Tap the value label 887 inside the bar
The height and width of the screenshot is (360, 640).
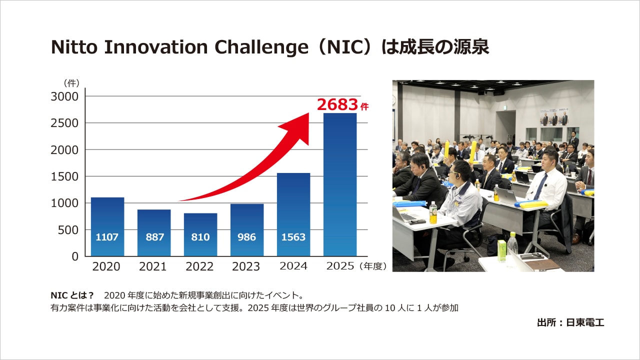[x=154, y=237]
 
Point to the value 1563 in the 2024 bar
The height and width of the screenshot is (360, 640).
[x=293, y=237]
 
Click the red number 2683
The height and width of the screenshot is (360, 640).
[x=337, y=104]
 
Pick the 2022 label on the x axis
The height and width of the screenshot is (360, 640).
[x=199, y=266]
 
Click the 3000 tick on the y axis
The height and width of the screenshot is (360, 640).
[x=64, y=96]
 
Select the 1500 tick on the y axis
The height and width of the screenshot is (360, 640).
[x=64, y=176]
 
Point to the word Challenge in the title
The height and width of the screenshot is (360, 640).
[x=258, y=47]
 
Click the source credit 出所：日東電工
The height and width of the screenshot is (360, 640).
[x=570, y=322]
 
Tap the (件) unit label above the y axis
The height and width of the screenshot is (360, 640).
[x=71, y=83]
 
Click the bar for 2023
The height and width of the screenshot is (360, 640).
[x=247, y=229]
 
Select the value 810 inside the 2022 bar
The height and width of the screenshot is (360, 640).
[x=200, y=237]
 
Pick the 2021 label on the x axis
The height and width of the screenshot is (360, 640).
[x=153, y=266]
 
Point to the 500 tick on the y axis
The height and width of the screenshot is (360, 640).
[x=68, y=230]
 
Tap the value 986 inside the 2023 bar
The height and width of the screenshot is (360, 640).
[x=247, y=237]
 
